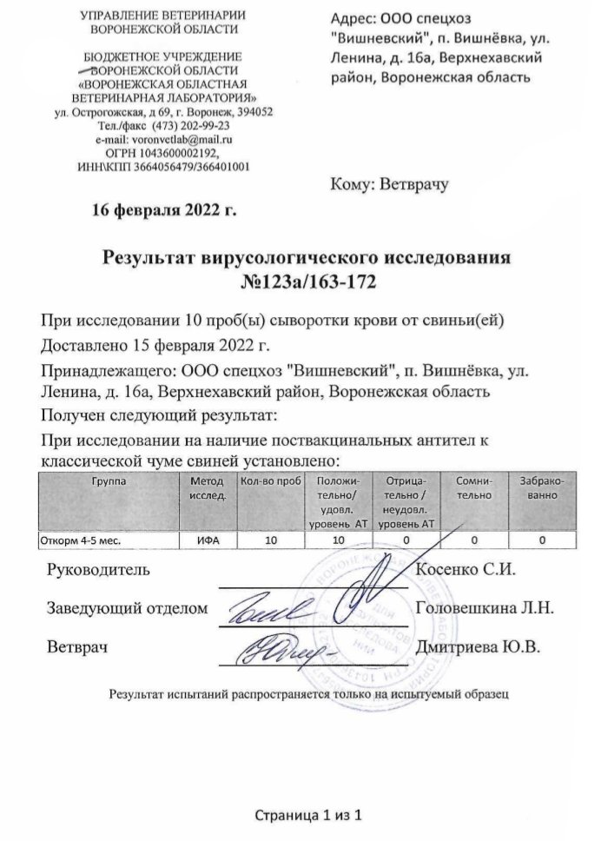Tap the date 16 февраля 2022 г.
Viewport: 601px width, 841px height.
(164, 209)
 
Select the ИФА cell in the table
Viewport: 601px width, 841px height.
(207, 540)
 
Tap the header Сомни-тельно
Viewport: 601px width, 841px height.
(473, 487)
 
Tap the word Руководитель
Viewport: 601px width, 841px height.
(97, 571)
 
